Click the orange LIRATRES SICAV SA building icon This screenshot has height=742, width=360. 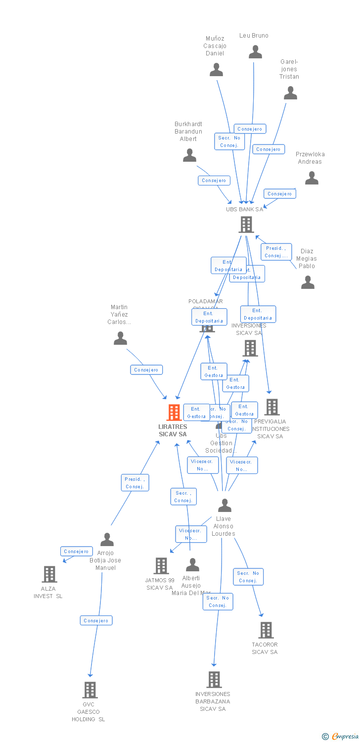tap(174, 413)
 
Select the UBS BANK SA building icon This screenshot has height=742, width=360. tap(246, 225)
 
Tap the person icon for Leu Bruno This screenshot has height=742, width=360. tap(255, 52)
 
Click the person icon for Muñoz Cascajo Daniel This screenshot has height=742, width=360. tap(216, 70)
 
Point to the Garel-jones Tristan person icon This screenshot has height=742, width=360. tap(290, 93)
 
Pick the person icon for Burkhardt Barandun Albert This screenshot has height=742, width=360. tap(189, 155)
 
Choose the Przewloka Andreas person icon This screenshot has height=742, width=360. tap(312, 178)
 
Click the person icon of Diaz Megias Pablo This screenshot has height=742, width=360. tap(308, 282)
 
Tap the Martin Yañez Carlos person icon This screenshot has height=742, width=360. tap(120, 338)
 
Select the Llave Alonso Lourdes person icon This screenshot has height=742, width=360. tap(225, 505)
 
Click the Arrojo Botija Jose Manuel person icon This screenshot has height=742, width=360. tap(107, 540)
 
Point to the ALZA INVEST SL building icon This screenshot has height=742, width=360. tap(49, 574)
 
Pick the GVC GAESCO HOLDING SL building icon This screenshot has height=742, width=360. tap(90, 690)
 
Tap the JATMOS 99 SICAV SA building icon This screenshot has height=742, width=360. tap(161, 566)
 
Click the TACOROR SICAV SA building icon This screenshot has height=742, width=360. tap(266, 630)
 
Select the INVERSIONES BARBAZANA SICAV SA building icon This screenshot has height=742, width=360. tap(214, 680)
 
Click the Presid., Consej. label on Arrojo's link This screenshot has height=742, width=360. tap(135, 483)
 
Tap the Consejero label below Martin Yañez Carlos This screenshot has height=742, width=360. tap(146, 370)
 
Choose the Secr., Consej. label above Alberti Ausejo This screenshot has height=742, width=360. tap(183, 497)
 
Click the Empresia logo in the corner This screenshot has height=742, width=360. tap(341, 737)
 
